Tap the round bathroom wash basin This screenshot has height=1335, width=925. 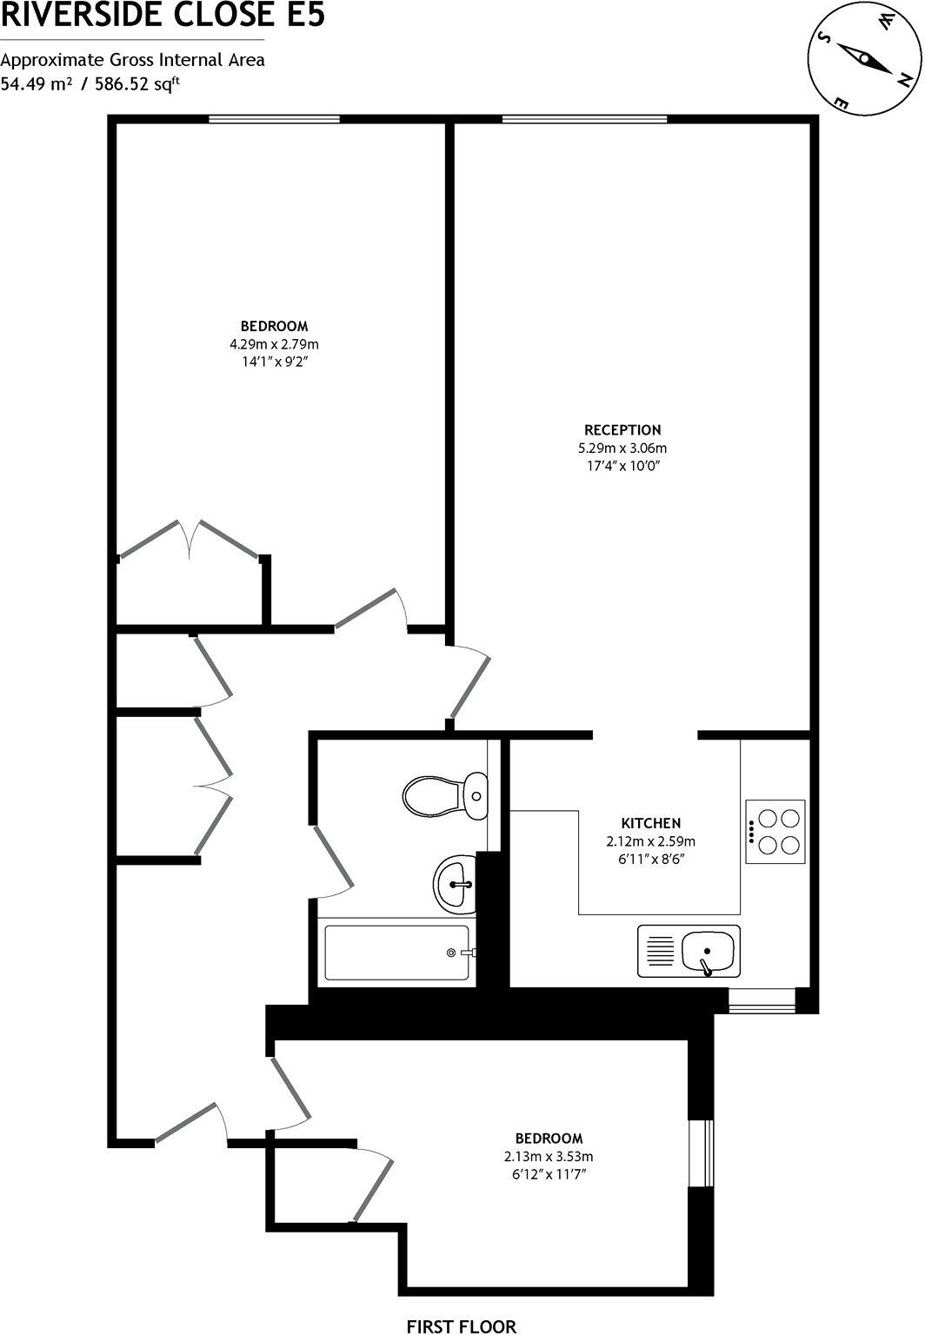click(455, 885)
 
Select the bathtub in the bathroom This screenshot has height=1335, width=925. click(397, 953)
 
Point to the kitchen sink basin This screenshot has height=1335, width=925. click(709, 951)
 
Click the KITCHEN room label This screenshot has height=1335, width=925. click(650, 823)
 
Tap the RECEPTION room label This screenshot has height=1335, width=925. click(622, 429)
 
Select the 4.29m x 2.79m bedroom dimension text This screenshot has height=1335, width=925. click(275, 344)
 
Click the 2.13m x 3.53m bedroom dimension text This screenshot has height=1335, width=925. click(549, 1157)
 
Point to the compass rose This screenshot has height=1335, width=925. click(865, 59)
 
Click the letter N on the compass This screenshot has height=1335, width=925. click(904, 80)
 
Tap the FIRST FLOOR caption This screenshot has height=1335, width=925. click(462, 1326)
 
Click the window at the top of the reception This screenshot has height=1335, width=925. click(584, 119)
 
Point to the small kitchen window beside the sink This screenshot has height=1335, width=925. click(762, 1001)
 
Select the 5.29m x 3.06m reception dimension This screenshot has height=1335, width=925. click(622, 448)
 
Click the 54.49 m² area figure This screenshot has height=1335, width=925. click(36, 84)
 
